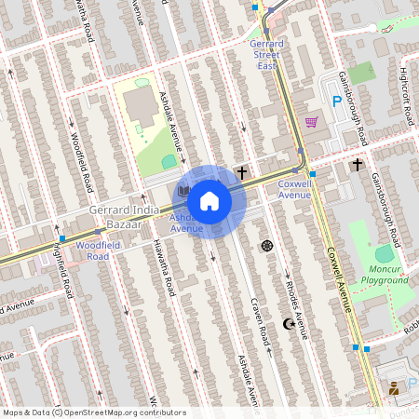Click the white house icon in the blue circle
pos(209,201)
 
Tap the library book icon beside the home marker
pos(183,190)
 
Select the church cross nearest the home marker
pos(242,172)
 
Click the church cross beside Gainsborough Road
pos(358,165)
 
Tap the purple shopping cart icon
pos(311,122)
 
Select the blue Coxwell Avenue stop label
pos(294,189)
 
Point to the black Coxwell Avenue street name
pos(337,279)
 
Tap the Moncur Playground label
pos(385,274)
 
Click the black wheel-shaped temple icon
pos(268,246)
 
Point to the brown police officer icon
pos(394,388)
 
